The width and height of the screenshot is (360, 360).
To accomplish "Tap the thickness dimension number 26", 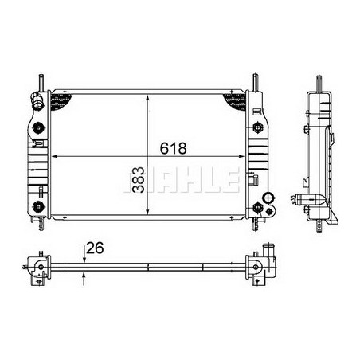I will pos(96,248).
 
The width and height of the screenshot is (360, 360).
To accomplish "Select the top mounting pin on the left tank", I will pos(39,81).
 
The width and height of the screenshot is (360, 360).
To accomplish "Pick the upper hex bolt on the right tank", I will pos(256,127).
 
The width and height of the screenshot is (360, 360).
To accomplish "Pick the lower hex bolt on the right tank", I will pos(256,209).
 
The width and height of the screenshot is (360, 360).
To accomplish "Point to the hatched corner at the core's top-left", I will pos(60,100).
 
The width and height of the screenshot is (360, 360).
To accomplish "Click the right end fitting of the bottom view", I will pos(261,266).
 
